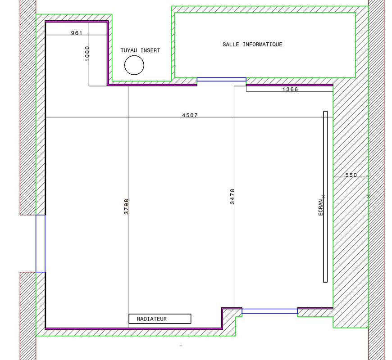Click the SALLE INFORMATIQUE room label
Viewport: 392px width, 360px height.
[x=252, y=45]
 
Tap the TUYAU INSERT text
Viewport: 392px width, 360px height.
[x=140, y=50]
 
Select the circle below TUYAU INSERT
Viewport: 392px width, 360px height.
[x=134, y=55]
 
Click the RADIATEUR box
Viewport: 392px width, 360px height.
[x=160, y=314]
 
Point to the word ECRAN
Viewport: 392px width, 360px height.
[x=320, y=207]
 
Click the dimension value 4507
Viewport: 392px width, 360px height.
[x=190, y=115]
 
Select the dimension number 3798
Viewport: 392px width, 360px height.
[x=126, y=207]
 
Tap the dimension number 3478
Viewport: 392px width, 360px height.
[x=232, y=197]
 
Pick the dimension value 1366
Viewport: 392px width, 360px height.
[x=290, y=90]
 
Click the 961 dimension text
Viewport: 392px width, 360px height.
[x=77, y=33]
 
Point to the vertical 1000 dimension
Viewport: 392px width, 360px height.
[x=87, y=54]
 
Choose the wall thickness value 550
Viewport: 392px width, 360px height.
[x=351, y=175]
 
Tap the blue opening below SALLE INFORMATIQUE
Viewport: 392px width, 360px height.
[x=222, y=78]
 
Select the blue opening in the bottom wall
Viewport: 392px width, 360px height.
[x=270, y=309]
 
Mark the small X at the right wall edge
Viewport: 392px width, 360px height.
[x=368, y=197]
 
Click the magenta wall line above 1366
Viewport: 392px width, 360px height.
[x=290, y=85]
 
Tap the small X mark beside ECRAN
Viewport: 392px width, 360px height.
[x=324, y=197]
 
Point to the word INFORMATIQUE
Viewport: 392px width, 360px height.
[x=263, y=45]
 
